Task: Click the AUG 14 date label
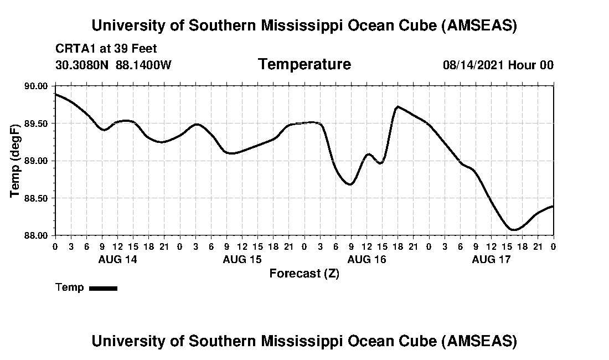click(x=117, y=259)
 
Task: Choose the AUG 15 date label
click(x=242, y=259)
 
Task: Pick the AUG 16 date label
click(x=367, y=259)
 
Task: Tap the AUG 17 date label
click(x=491, y=259)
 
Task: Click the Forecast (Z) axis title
click(x=304, y=274)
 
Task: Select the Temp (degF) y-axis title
click(x=15, y=161)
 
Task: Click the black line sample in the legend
click(x=103, y=288)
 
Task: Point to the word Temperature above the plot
click(x=304, y=65)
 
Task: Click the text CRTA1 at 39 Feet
click(x=106, y=49)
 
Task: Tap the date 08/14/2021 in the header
click(x=473, y=65)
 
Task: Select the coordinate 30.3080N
click(x=83, y=65)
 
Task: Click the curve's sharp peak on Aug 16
click(x=398, y=106)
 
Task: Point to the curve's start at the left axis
click(x=55, y=94)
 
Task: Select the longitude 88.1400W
click(x=143, y=65)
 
